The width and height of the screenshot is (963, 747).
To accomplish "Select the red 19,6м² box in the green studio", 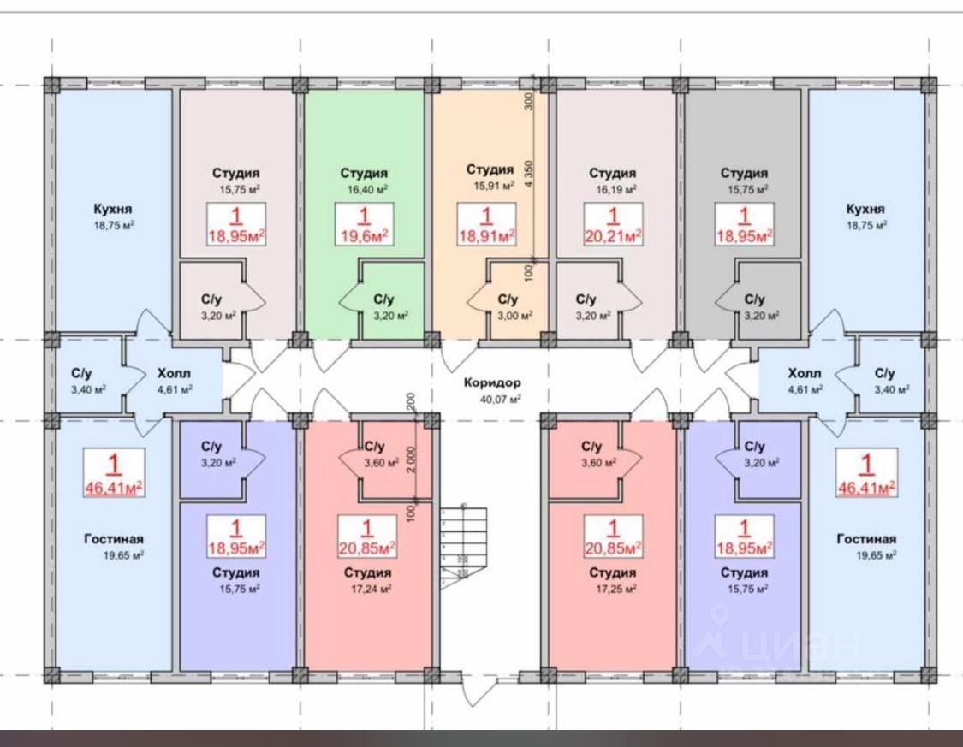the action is coord(364,226).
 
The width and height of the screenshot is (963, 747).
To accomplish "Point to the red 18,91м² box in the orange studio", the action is coord(487,226).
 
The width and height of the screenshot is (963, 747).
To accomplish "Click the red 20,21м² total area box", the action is coord(613,226).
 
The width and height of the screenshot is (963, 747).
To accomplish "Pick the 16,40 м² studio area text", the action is coord(364,189).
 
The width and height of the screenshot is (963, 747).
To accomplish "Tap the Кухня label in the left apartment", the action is coord(114,209).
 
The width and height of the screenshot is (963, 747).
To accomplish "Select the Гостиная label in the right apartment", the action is coord(866,539).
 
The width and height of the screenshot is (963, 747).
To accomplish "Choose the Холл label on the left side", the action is coord(174,374).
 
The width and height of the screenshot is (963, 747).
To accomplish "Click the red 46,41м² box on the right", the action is coord(866,477).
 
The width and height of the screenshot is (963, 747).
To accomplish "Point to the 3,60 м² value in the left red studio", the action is coord(381,463).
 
